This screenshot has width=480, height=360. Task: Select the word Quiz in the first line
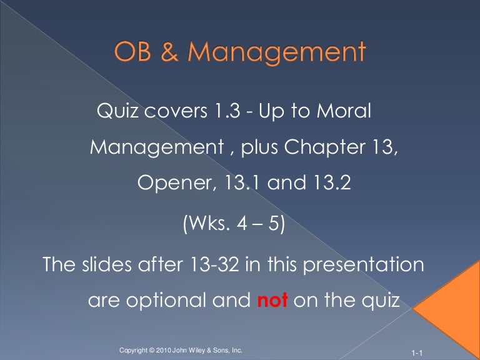point(117,112)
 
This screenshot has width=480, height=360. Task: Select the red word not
point(272,301)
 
